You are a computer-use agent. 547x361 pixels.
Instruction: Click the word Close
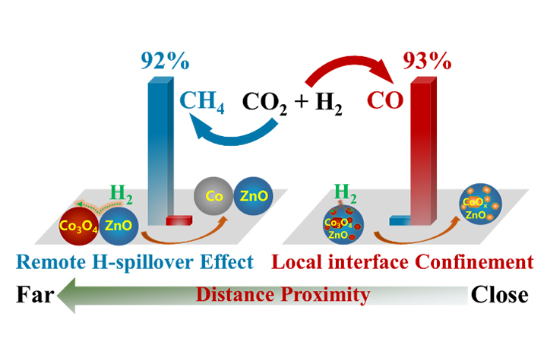[x=498, y=293]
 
